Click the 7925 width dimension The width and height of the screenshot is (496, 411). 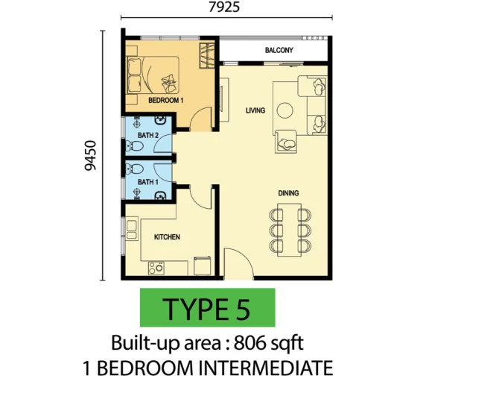(224, 7)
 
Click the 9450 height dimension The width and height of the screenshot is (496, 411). (90, 156)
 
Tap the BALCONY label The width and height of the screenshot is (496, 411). (279, 50)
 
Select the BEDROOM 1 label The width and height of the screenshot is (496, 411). (166, 101)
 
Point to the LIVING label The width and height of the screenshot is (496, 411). (255, 110)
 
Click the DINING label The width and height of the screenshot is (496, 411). (288, 193)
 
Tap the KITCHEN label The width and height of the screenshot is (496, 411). (167, 237)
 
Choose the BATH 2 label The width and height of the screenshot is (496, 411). (148, 135)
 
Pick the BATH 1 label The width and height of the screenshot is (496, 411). (148, 182)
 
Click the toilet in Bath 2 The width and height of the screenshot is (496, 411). (135, 146)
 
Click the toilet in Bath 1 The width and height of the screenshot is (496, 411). (135, 169)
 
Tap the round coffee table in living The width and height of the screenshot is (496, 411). (284, 110)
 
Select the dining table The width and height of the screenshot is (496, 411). (289, 230)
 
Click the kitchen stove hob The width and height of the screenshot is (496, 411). (156, 268)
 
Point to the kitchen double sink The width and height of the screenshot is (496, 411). (132, 230)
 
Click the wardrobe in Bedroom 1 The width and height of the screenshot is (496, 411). (207, 55)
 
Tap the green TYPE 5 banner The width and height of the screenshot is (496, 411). (208, 307)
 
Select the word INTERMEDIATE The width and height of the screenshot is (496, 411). (265, 368)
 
